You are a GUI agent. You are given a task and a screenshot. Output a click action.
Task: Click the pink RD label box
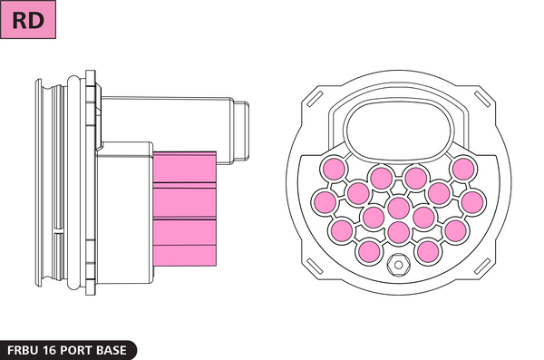28,19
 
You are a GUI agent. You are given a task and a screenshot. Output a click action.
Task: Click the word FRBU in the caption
23,350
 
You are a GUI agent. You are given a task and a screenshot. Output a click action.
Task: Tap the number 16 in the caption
50,350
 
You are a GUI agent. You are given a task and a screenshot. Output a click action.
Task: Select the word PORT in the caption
75,350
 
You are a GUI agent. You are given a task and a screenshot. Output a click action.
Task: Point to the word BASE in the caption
111,350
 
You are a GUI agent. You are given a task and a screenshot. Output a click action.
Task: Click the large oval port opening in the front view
399,130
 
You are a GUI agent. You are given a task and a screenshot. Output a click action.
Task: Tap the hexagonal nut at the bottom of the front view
399,265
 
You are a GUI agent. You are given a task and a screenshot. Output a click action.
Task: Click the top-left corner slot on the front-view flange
315,99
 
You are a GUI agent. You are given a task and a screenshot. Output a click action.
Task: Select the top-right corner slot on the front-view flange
482,99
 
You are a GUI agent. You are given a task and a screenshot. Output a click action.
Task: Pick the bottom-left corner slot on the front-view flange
315,267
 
